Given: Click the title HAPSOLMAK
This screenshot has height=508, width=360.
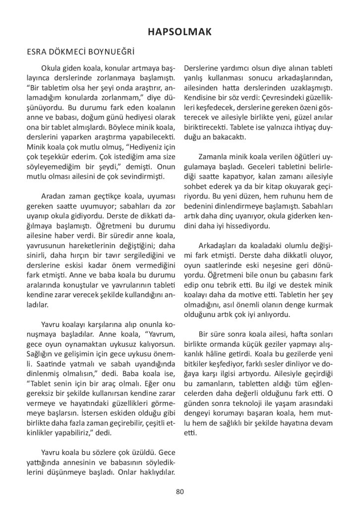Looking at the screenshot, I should [x=180, y=32].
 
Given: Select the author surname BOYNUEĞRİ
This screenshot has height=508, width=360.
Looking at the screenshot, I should [x=113, y=51].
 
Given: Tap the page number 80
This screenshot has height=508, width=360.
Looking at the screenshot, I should [x=180, y=492].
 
